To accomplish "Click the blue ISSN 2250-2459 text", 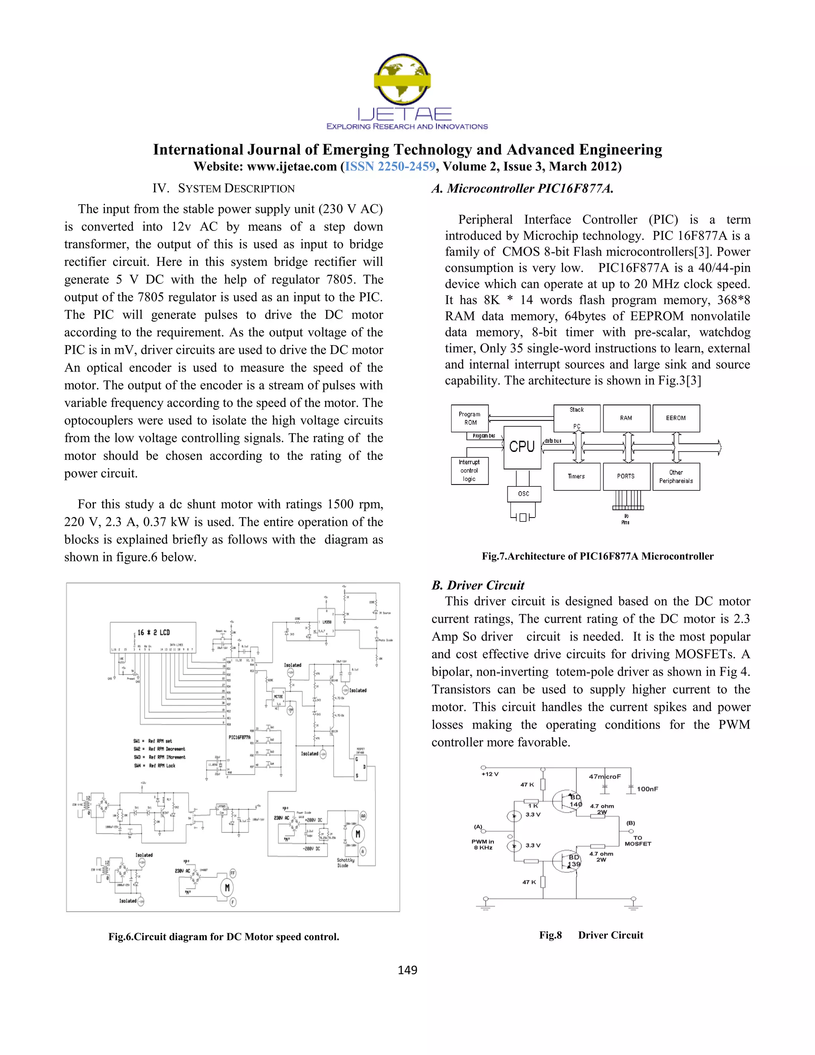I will [390, 167].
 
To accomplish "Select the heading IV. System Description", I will [224, 188].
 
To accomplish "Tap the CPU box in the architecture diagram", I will [522, 446].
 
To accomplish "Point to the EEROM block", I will [675, 418].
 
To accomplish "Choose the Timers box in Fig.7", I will [577, 476].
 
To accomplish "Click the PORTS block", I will [626, 476].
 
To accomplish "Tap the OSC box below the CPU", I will [523, 494].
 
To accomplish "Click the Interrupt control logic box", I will [469, 471].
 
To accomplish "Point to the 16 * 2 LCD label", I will [154, 632].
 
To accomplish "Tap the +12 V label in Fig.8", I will [489, 774].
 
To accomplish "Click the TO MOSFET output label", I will [638, 840].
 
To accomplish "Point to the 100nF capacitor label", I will [647, 789].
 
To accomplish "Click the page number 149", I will [407, 970].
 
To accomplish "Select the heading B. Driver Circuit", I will [478, 586].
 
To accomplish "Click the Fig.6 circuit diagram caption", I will [224, 937].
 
